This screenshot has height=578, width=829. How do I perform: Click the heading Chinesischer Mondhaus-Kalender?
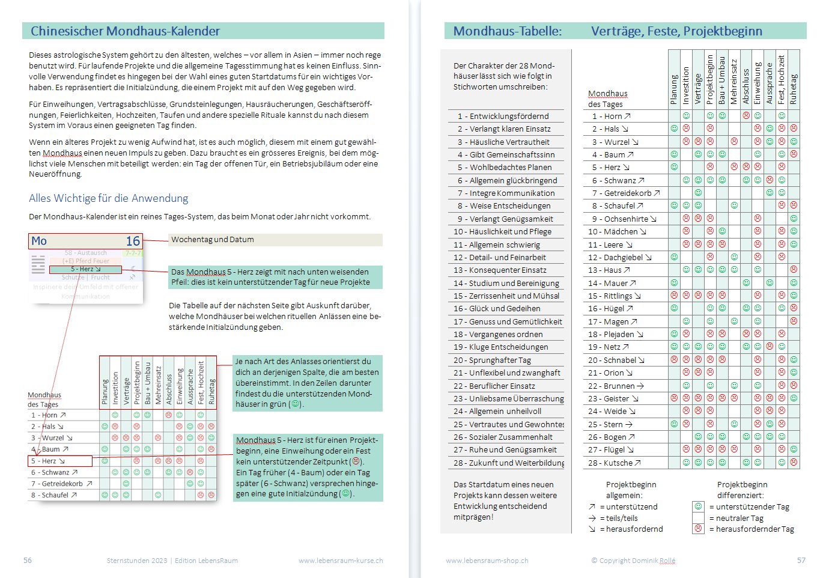coord(125,31)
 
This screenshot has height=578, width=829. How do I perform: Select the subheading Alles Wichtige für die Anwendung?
coord(108,198)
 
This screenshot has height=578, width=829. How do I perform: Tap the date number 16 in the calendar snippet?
coord(133,241)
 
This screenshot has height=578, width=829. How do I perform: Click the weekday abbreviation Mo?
coord(39,241)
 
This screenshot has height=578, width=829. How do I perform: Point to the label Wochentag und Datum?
coord(213,240)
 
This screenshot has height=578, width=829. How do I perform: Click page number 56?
coord(28,561)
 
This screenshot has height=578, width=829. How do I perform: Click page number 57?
coord(801,561)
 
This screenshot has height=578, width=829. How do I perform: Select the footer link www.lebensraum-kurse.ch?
coord(341,561)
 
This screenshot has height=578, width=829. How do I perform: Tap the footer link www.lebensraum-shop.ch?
coord(487,561)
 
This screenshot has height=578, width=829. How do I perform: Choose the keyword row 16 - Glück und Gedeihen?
coord(497,309)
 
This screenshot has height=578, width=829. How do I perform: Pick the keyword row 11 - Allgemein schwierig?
coord(497,245)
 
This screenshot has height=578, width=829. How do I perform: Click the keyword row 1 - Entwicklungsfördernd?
coord(503,116)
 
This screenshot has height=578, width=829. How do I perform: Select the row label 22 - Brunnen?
coord(616,386)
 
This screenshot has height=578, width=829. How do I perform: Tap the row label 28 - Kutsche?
coord(614,463)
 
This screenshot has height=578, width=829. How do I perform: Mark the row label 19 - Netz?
coord(609,347)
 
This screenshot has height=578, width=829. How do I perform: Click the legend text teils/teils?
coord(622,518)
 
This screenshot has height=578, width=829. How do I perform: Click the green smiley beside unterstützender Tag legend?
coord(698,507)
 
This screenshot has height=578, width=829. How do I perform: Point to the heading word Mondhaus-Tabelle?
coord(508,31)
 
